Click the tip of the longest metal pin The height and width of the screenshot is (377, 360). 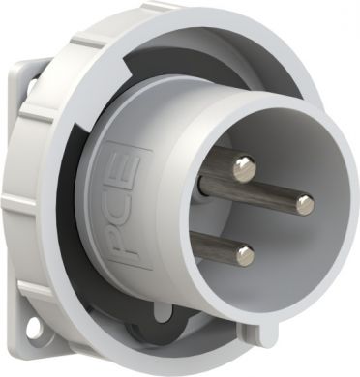(305, 203)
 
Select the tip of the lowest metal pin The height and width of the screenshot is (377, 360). (245, 255)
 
